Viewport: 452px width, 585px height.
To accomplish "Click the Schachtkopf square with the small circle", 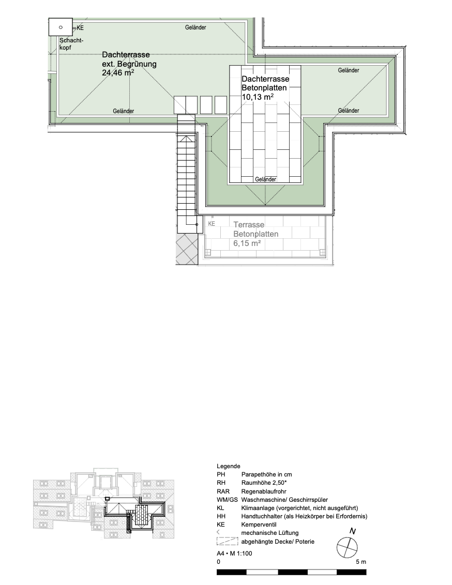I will [61, 27].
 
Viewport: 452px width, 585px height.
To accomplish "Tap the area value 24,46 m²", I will [118, 73].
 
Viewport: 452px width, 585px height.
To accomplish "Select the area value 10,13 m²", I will [258, 97].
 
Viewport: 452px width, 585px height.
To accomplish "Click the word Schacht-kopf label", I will [71, 44].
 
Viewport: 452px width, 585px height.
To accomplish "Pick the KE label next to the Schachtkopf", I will [80, 28].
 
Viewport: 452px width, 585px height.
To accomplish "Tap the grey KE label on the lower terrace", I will [212, 224].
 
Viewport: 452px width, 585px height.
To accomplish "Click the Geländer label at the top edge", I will [195, 27].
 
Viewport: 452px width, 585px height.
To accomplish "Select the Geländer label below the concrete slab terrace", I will [265, 179].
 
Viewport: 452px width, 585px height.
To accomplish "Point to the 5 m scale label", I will [361, 562].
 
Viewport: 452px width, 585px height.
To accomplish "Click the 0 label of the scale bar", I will [218, 562].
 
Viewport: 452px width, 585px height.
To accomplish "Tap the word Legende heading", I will [228, 466].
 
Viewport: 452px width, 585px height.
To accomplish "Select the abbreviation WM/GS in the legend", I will [227, 500].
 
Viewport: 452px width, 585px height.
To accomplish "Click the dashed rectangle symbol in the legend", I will [227, 542].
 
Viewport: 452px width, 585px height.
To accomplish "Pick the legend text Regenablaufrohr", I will [264, 491].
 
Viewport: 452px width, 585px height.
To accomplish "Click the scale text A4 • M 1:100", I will [234, 553].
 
